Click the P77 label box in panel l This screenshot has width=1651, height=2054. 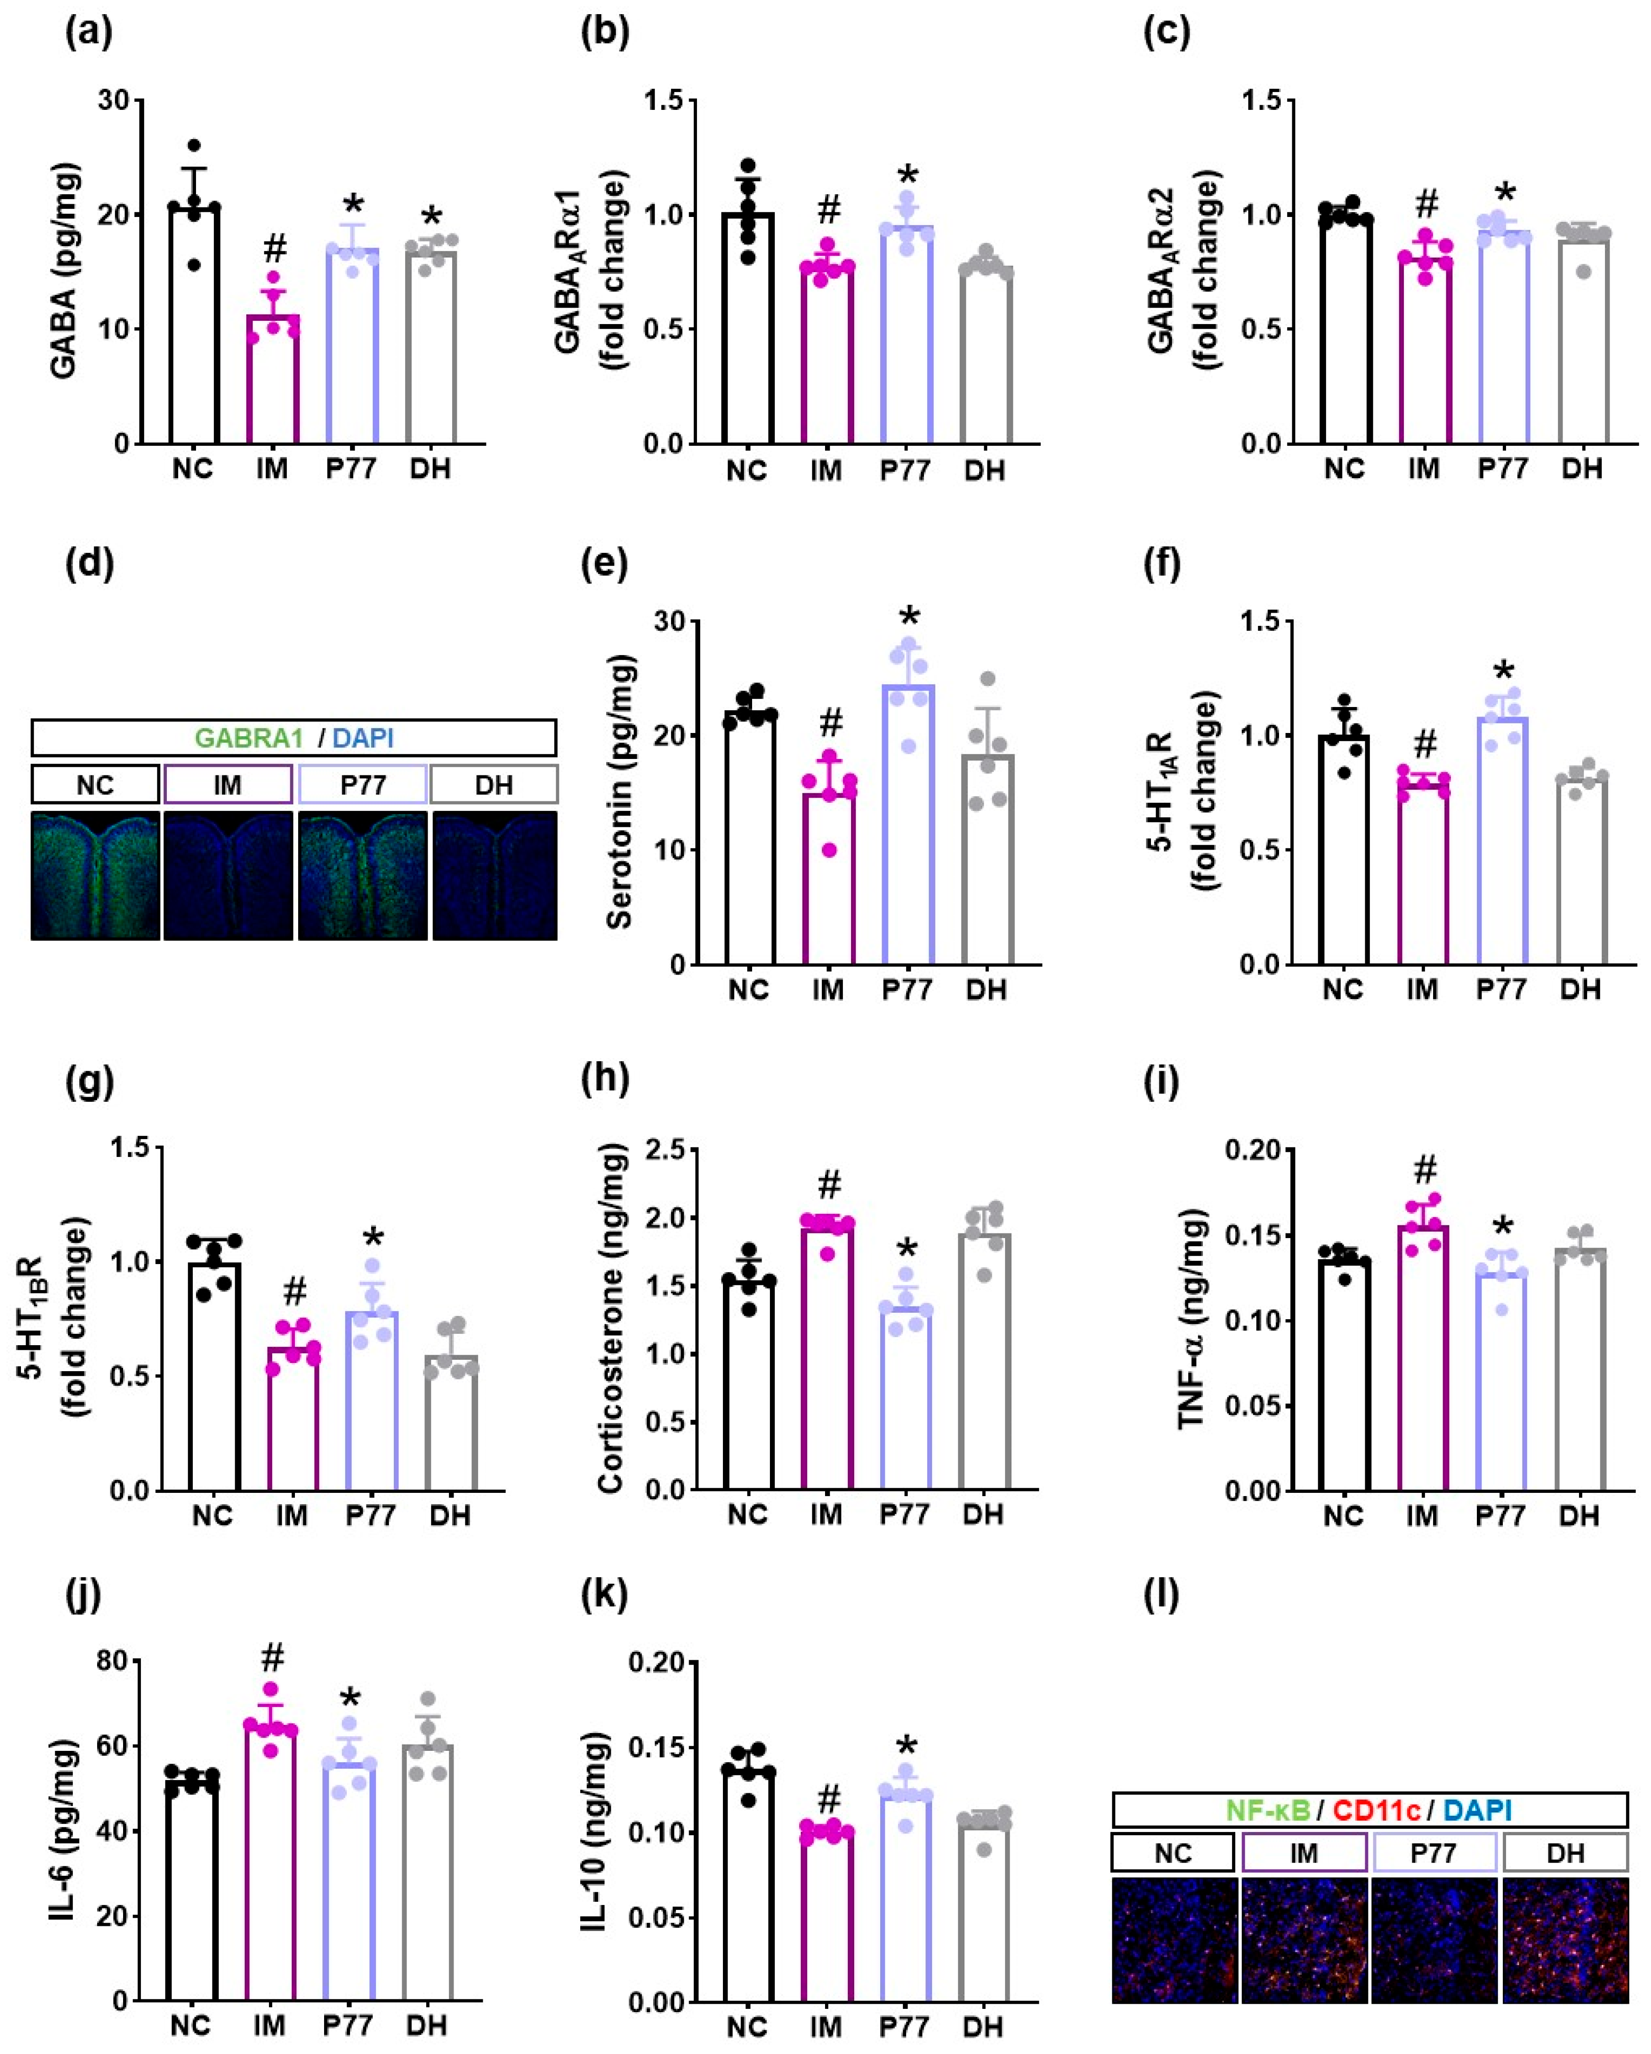click(1434, 1853)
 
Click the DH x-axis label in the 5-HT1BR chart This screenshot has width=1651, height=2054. click(449, 1515)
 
